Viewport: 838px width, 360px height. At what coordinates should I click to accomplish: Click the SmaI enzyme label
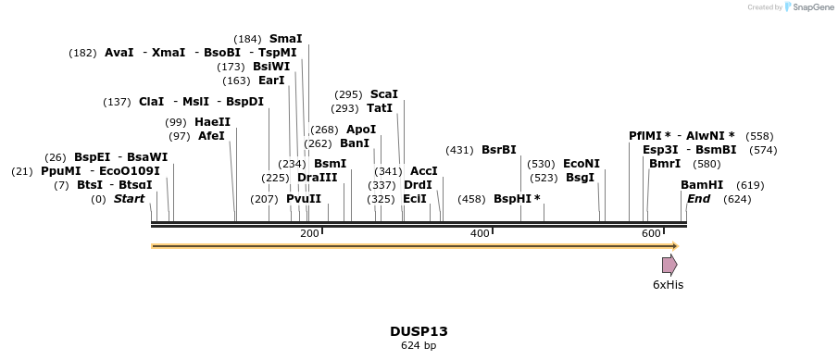[285, 39]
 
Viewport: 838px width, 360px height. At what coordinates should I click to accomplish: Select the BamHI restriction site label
[702, 185]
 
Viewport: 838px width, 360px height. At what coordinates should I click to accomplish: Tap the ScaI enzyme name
[383, 94]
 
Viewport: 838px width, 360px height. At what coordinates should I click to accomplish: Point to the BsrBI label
[498, 150]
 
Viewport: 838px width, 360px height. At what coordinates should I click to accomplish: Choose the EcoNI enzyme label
[582, 164]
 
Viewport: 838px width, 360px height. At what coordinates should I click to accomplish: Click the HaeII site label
[212, 122]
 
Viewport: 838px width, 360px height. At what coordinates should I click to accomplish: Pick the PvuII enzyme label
[304, 199]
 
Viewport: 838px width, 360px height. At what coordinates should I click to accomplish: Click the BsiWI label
[271, 67]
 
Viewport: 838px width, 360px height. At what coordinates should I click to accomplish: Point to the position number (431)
[459, 150]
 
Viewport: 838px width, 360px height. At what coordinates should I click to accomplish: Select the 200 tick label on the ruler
[309, 233]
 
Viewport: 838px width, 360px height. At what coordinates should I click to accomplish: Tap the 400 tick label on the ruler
[480, 233]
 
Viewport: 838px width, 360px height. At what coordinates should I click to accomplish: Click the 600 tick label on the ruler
[650, 233]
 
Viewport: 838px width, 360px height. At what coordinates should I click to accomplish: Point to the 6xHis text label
[668, 285]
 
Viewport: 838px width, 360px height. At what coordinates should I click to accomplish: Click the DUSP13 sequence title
[419, 330]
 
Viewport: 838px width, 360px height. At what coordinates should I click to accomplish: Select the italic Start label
[129, 199]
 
